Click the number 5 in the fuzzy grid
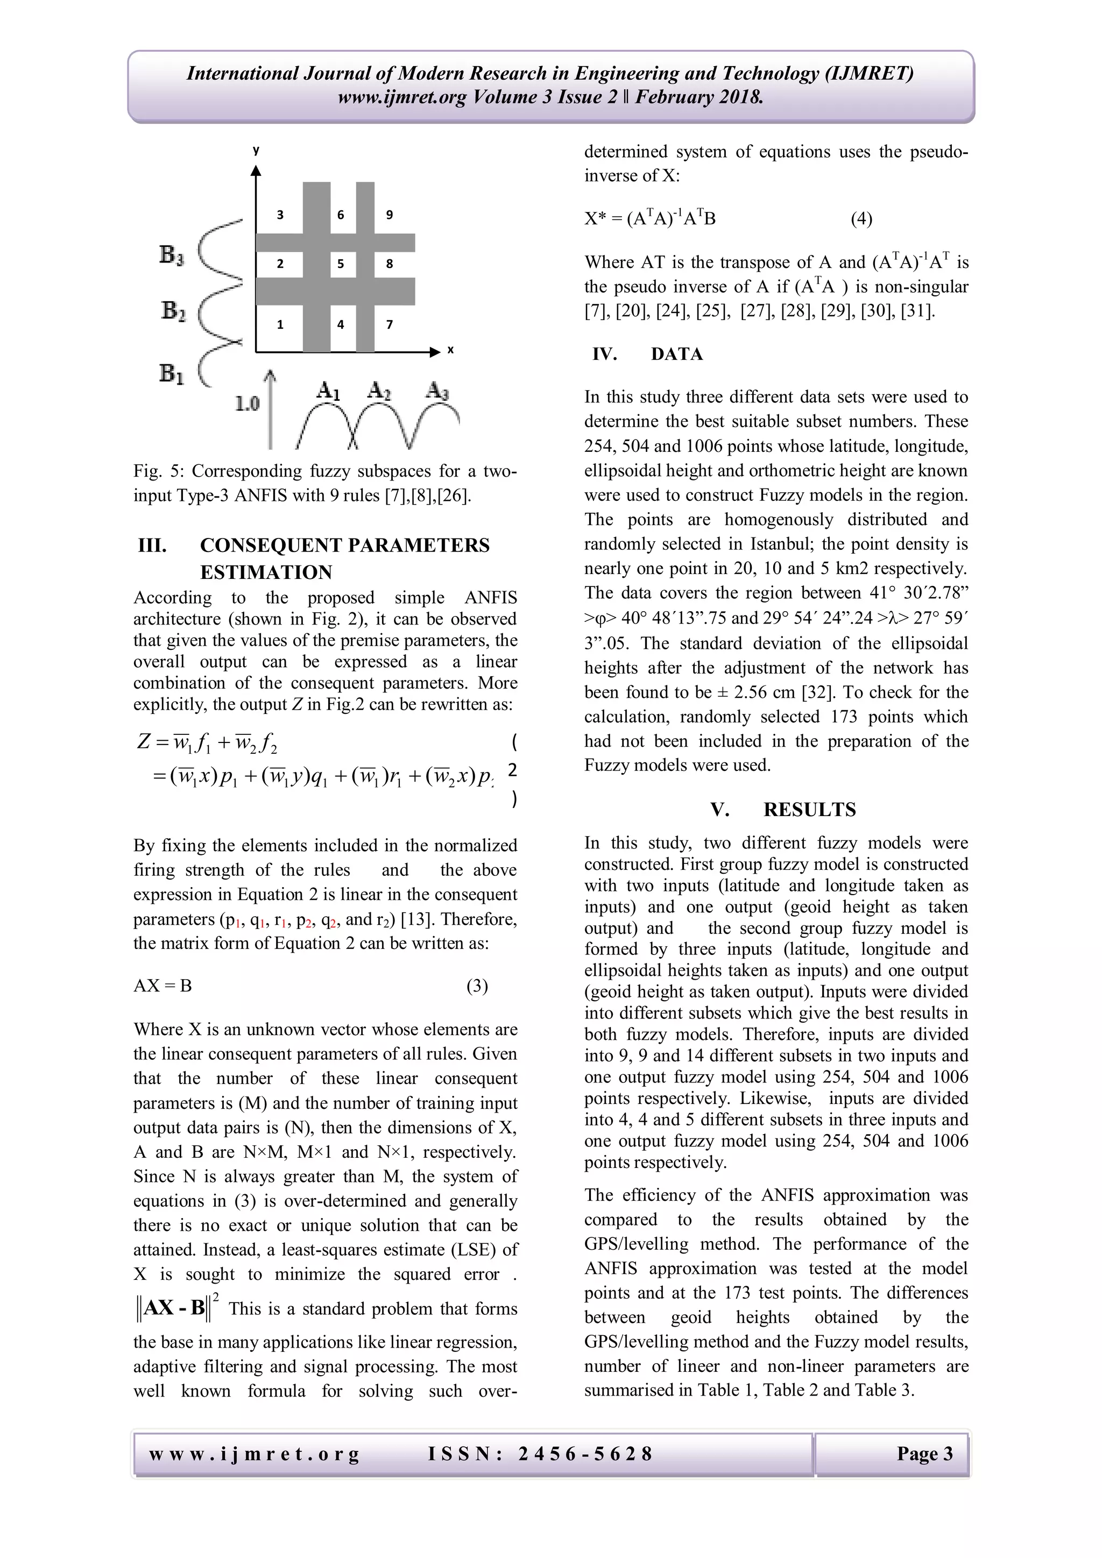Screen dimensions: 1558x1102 pyautogui.click(x=341, y=264)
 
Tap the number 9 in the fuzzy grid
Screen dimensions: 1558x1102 pyautogui.click(x=390, y=215)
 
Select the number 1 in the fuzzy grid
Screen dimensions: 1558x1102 pyautogui.click(x=280, y=325)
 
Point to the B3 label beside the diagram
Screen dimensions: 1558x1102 pyautogui.click(x=172, y=256)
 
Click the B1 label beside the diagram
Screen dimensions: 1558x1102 pyautogui.click(x=172, y=373)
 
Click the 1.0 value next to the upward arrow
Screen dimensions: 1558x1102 pyautogui.click(x=248, y=405)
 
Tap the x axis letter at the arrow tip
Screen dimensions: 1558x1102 pyautogui.click(x=450, y=351)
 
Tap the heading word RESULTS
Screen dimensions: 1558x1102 pyautogui.click(x=809, y=810)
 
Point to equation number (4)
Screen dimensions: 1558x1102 pyautogui.click(x=861, y=219)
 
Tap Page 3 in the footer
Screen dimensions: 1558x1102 pyautogui.click(x=925, y=1454)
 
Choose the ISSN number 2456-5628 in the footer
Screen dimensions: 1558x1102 pyautogui.click(x=585, y=1454)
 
